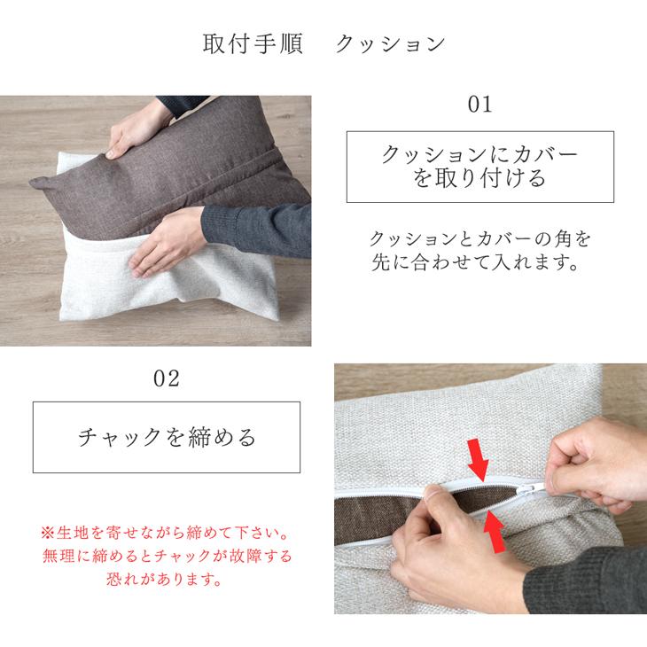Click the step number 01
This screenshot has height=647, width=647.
click(x=479, y=105)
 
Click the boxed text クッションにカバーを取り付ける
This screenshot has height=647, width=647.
click(x=479, y=167)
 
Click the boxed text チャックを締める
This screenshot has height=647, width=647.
click(x=167, y=437)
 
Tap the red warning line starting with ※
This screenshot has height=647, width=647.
click(x=167, y=534)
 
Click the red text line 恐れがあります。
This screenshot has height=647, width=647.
click(x=167, y=581)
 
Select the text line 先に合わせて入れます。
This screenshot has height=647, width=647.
click(x=479, y=263)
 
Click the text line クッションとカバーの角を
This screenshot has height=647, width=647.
click(x=479, y=239)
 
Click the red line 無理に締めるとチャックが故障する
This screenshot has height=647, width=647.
click(x=167, y=557)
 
